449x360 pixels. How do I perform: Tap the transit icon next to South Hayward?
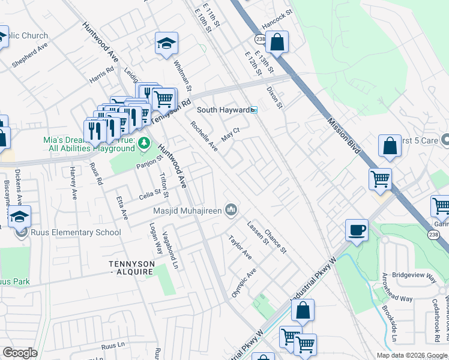coord(254,110)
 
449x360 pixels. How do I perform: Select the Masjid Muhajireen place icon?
coord(231,209)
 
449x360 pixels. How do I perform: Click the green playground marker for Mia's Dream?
coord(143,143)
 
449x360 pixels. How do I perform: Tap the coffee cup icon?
coord(357,230)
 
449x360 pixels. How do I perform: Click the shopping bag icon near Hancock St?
coord(277,43)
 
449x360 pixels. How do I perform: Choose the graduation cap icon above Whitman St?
coord(166,43)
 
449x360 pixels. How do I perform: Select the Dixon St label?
coord(274,97)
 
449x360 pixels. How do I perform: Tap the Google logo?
coord(20,353)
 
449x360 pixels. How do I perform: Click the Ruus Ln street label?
coord(112,346)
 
